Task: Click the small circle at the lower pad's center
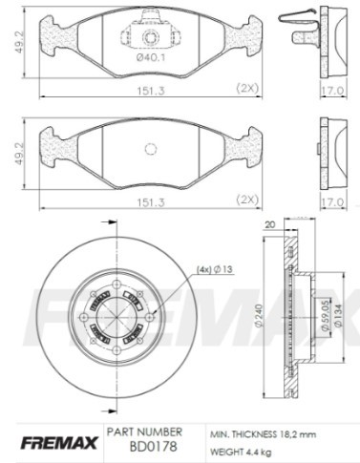click(x=148, y=150)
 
